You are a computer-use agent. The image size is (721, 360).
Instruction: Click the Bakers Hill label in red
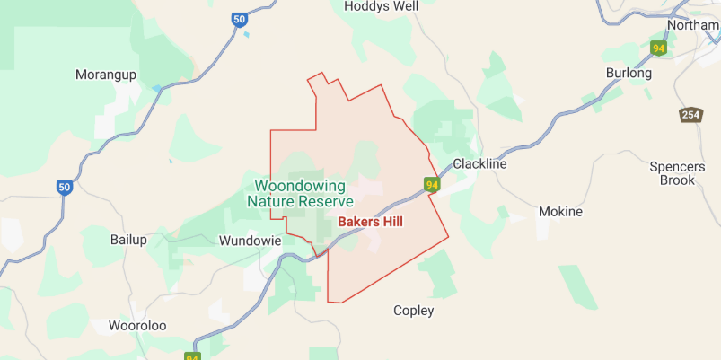click(370, 222)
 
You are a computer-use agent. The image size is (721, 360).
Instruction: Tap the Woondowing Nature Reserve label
click(300, 194)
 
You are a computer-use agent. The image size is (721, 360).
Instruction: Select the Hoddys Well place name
click(382, 6)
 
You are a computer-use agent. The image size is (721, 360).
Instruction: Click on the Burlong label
click(629, 73)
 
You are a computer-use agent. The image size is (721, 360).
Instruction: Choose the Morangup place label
click(106, 75)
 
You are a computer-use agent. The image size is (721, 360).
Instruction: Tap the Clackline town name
click(480, 164)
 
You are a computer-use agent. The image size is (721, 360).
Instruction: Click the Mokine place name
click(560, 212)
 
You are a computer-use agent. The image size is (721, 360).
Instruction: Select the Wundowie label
click(251, 241)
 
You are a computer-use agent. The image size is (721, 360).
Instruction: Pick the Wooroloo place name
click(137, 326)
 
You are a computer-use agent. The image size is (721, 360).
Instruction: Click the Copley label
click(414, 311)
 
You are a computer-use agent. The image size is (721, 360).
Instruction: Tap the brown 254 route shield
click(690, 115)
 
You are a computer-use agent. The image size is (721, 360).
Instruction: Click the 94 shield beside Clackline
click(433, 186)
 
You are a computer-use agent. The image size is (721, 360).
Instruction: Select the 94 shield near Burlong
click(660, 48)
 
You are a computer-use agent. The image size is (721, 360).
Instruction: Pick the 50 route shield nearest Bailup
click(64, 188)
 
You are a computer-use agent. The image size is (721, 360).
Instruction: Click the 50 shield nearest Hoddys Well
click(238, 19)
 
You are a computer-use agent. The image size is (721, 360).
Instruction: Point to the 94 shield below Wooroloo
click(192, 356)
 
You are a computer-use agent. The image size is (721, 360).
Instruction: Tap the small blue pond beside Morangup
click(158, 88)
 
